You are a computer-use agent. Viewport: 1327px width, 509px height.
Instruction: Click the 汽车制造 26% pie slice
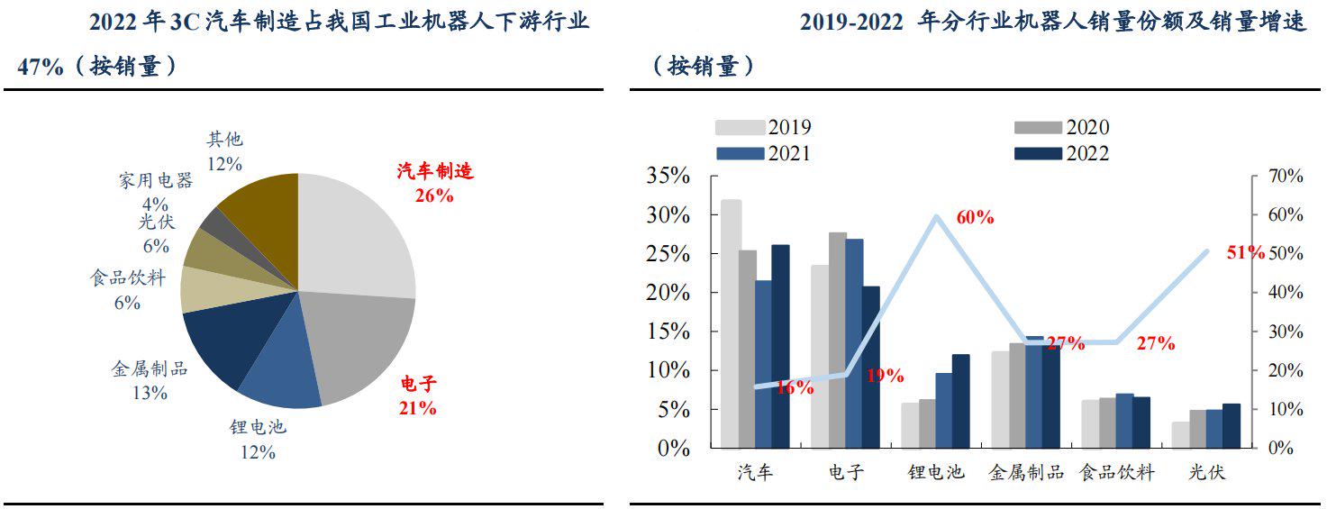pyautogui.click(x=356, y=234)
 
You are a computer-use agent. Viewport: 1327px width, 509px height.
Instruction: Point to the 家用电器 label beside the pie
pyautogui.click(x=155, y=181)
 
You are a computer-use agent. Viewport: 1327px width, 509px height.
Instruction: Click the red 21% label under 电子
pyautogui.click(x=417, y=408)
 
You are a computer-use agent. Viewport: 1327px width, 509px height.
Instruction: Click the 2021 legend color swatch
pyautogui.click(x=740, y=154)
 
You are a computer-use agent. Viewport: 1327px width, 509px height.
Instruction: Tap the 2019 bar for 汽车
pyautogui.click(x=730, y=324)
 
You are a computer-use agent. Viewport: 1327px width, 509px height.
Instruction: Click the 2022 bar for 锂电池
pyautogui.click(x=960, y=401)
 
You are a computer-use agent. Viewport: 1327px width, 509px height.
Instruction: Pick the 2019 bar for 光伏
pyautogui.click(x=1179, y=434)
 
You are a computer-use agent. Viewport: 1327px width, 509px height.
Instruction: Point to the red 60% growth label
pyautogui.click(x=975, y=218)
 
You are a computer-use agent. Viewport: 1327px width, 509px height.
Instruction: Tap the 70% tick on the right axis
pyautogui.click(x=1284, y=177)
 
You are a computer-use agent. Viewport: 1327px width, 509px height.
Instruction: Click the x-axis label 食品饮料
pyautogui.click(x=1116, y=472)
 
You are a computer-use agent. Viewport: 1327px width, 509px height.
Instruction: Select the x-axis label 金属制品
pyautogui.click(x=1026, y=472)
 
